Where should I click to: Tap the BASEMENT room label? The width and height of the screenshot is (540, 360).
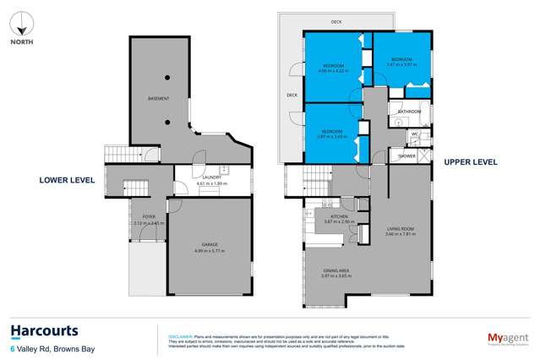coord(159,99)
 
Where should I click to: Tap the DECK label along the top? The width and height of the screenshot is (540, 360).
coord(335,21)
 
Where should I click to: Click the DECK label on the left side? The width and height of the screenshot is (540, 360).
coord(292,95)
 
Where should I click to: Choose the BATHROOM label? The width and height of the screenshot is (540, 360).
coord(410,112)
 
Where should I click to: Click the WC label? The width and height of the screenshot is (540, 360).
coord(415,134)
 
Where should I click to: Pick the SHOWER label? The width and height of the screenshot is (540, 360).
coord(407,155)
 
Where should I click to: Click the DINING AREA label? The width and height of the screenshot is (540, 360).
coord(336,270)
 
